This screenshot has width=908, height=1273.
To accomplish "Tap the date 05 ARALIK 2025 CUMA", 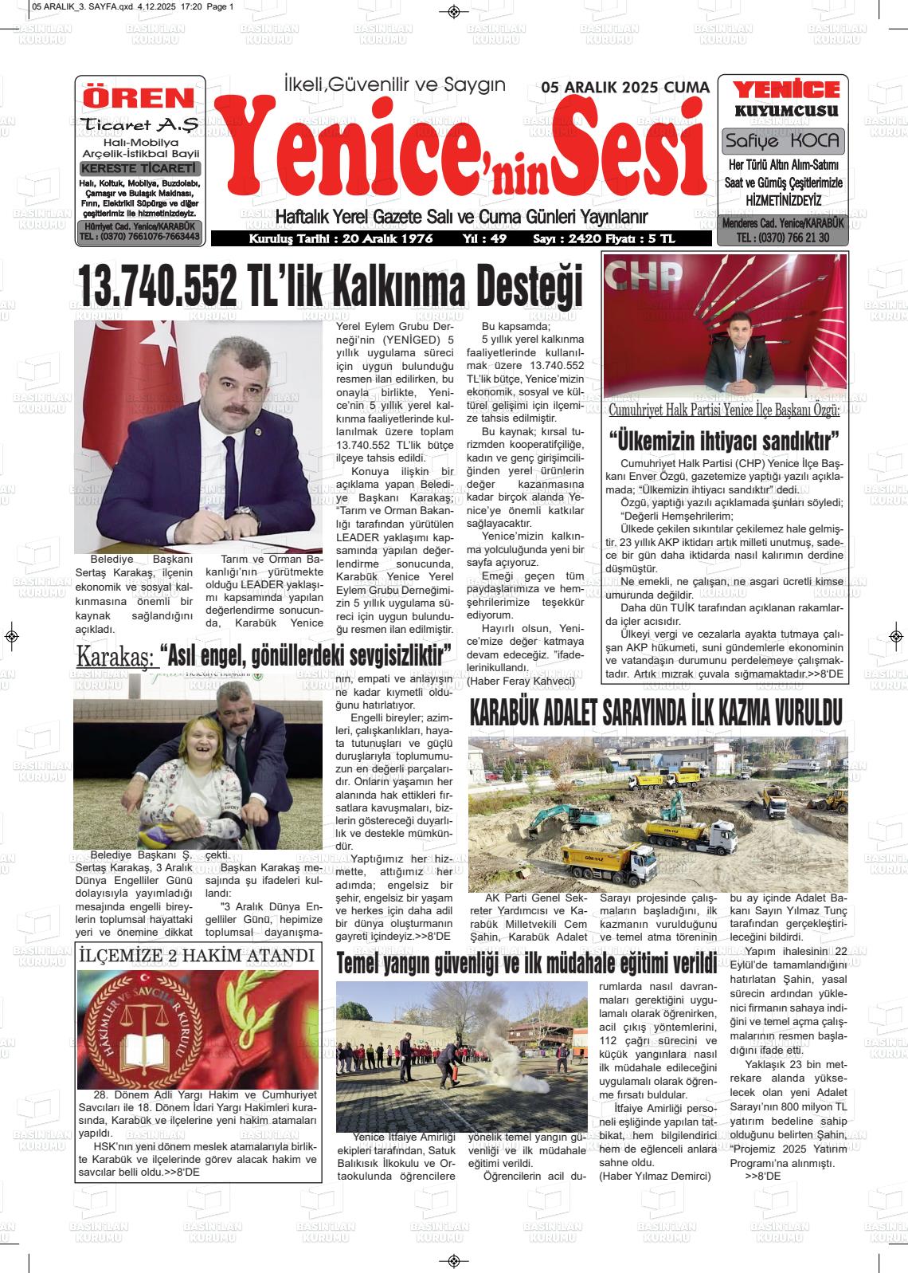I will [624, 88].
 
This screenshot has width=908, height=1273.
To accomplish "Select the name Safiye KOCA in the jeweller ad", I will [782, 141].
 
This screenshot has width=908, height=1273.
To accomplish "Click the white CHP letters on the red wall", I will [646, 277].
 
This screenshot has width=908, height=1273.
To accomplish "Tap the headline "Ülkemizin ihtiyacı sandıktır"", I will [725, 440].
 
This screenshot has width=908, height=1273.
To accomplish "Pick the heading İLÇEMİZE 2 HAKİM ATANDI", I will [196, 956].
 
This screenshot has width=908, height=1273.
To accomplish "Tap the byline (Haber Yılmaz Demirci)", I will [654, 1176].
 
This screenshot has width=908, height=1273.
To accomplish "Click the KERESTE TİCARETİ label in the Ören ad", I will [139, 168].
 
